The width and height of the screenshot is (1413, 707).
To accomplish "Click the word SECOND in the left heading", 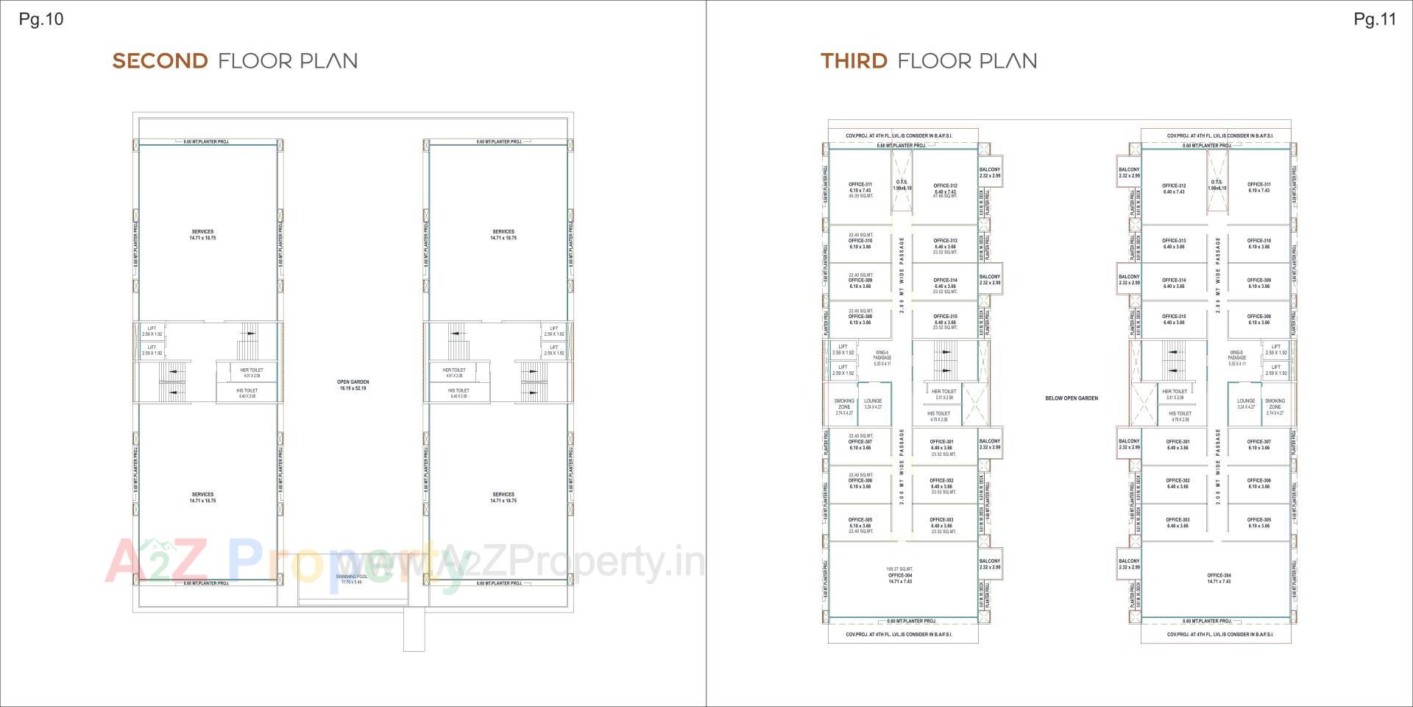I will coord(160,60).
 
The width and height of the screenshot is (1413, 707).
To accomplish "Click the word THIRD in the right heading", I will coord(854,60).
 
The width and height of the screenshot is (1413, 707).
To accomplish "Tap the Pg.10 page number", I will coord(41,19).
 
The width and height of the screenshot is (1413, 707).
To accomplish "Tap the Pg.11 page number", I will coord(1375,19).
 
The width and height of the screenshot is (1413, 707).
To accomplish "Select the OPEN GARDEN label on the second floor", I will coord(353,384).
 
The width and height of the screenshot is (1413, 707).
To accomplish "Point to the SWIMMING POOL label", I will coord(352,579).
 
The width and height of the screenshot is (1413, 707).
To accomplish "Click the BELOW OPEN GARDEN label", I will coord(1072,398).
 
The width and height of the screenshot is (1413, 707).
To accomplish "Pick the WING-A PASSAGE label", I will coord(882,358).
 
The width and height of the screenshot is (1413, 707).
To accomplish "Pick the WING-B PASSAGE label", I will coord(1236,358).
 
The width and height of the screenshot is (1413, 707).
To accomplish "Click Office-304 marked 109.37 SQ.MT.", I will coord(900,575).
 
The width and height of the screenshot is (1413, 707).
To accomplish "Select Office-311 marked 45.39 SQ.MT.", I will coord(860,190).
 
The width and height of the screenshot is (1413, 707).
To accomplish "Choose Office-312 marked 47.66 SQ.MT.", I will coord(945,190).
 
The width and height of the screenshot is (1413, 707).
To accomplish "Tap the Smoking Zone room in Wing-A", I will coord(844,407).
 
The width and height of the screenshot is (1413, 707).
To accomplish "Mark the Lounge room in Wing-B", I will coord(1246,404).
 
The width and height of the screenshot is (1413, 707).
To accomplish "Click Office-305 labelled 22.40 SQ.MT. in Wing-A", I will coord(860,525).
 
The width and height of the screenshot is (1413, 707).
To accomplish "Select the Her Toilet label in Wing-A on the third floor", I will coord(944,394).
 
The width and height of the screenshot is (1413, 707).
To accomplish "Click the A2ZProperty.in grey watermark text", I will coord(574,563).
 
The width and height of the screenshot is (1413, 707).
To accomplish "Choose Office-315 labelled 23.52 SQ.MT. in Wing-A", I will coord(945,322).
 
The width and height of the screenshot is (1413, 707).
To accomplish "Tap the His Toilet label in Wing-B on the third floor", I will coord(1180,416).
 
